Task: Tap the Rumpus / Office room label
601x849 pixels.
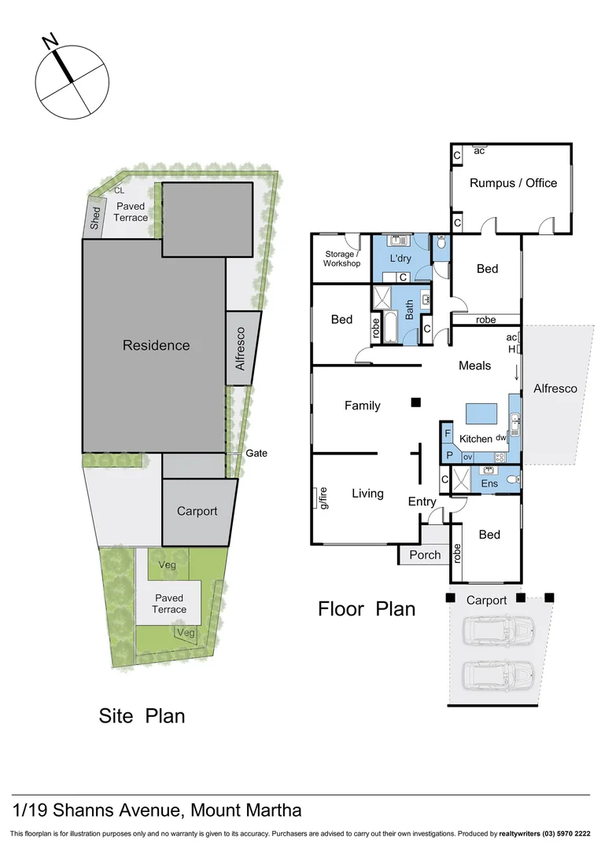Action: pyautogui.click(x=513, y=183)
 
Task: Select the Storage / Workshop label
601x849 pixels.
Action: pyautogui.click(x=341, y=259)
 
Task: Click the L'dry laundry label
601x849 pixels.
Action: pyautogui.click(x=401, y=259)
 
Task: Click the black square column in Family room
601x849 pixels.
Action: pyautogui.click(x=415, y=403)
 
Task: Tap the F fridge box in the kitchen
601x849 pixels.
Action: pyautogui.click(x=448, y=433)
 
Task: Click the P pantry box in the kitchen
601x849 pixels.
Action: pyautogui.click(x=449, y=455)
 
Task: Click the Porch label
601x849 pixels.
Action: pyautogui.click(x=426, y=555)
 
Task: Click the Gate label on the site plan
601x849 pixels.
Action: pyautogui.click(x=256, y=453)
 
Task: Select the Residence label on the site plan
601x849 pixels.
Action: pyautogui.click(x=156, y=345)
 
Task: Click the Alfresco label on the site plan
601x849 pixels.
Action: pyautogui.click(x=241, y=349)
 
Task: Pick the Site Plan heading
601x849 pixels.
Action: pyautogui.click(x=142, y=716)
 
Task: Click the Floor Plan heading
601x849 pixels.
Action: pyautogui.click(x=367, y=608)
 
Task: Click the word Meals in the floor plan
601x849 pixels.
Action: pyautogui.click(x=475, y=366)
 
